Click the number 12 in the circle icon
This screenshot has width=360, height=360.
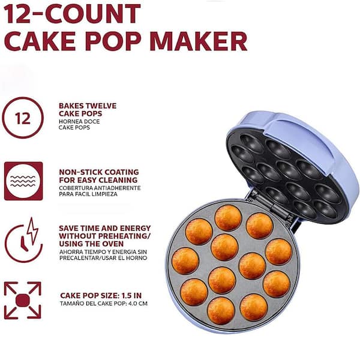tap(23, 118)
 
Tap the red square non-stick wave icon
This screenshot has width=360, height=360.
tap(23, 181)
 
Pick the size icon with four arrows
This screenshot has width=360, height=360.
tap(23, 300)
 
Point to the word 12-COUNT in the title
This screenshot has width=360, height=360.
tap(73, 13)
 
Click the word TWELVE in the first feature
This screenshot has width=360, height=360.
tap(100, 106)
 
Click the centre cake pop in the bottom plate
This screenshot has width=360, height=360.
tap(224, 246)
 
